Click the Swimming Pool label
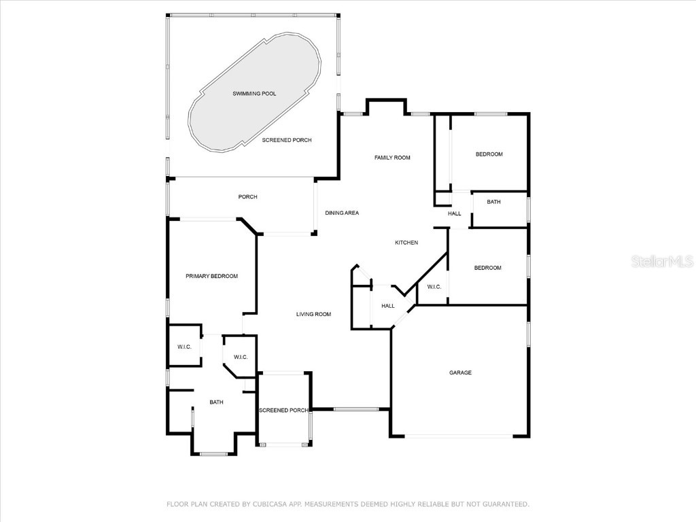[x=254, y=94]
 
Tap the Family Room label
[x=392, y=158]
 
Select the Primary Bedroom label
[x=211, y=276]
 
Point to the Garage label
[x=460, y=372]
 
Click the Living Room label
[x=313, y=314]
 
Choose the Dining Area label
[x=341, y=213]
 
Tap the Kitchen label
[x=406, y=243]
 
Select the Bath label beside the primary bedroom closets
[x=216, y=402]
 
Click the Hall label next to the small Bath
[x=454, y=213]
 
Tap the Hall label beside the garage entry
[x=387, y=306]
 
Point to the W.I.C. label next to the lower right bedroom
[x=434, y=287]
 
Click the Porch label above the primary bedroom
[x=247, y=197]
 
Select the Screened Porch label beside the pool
[x=287, y=140]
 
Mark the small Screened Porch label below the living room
[x=283, y=411]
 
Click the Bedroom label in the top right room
[x=489, y=154]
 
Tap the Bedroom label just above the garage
[x=487, y=268]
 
